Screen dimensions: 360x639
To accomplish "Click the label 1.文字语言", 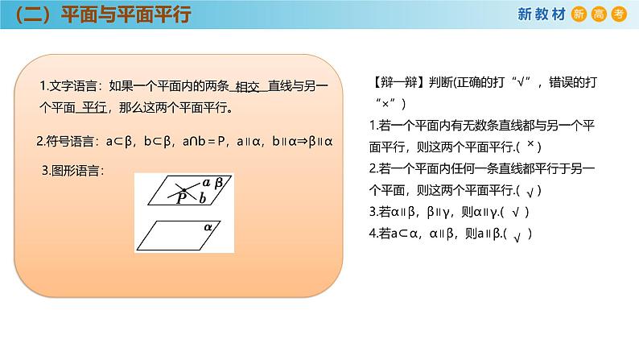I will coord(70,86).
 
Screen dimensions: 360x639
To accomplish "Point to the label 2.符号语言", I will coord(68,141).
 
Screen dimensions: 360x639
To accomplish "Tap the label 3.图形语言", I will coord(73,170).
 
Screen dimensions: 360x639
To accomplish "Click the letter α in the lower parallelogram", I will coord(207,228).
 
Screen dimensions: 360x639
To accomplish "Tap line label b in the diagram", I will coord(203,197).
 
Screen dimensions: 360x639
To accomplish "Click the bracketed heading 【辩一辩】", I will coord(400,83).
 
